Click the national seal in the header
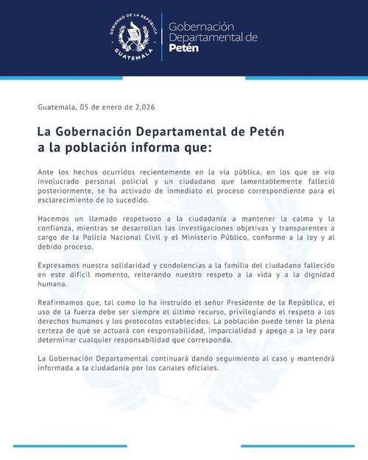click(135, 37)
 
